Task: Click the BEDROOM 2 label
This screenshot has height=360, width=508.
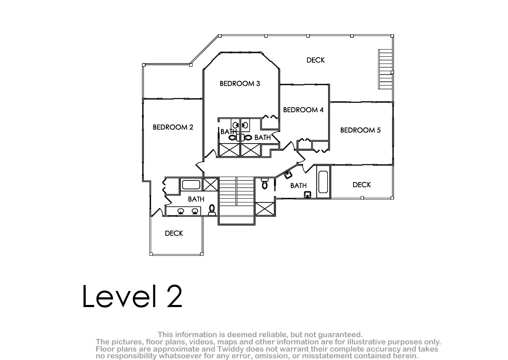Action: [x=173, y=127]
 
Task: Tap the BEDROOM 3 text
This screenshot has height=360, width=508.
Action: [x=240, y=84]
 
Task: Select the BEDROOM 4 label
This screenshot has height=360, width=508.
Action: [x=303, y=110]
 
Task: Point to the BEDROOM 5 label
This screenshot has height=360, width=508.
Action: [x=360, y=130]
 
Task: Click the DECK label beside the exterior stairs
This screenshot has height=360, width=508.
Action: [x=315, y=60]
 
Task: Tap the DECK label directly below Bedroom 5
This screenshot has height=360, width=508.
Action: [x=362, y=185]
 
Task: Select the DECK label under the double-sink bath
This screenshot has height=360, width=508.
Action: [x=174, y=233]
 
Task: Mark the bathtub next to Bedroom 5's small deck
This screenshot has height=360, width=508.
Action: [x=323, y=182]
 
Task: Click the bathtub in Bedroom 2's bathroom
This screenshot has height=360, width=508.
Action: [x=191, y=185]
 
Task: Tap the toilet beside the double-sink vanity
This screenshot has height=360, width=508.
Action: [x=212, y=210]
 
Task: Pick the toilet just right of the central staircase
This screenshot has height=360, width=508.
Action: [x=265, y=184]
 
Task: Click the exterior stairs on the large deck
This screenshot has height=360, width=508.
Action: [x=385, y=69]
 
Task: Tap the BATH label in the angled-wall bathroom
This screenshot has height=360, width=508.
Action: [x=298, y=186]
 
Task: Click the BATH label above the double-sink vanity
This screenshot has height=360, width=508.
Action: [x=196, y=199]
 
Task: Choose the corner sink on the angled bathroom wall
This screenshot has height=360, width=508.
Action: [x=288, y=174]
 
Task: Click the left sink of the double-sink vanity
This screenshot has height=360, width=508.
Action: [x=181, y=211]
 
